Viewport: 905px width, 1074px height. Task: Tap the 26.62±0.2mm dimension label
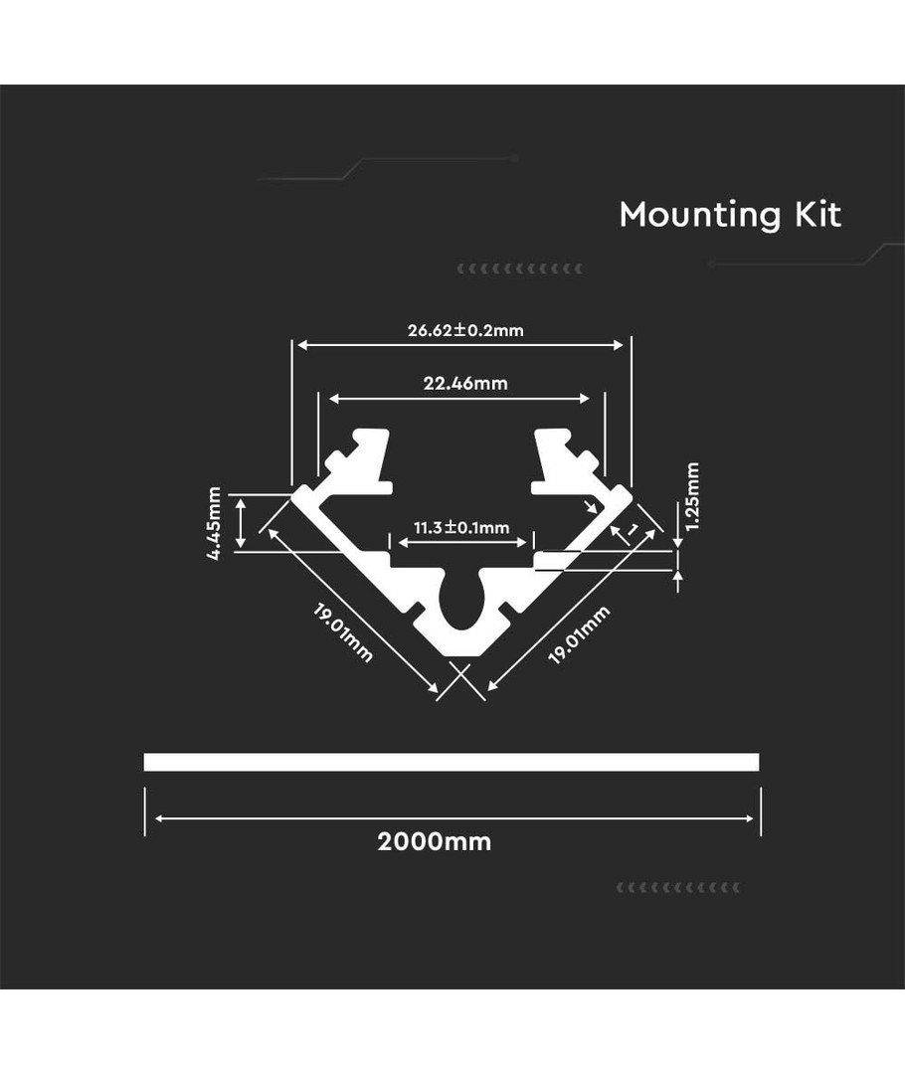tap(465, 330)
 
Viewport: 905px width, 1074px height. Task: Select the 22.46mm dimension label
tap(465, 383)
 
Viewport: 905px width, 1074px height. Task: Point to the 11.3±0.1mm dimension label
tap(461, 527)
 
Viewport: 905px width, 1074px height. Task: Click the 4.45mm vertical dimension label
tap(214, 523)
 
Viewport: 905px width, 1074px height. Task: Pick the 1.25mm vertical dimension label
tap(693, 496)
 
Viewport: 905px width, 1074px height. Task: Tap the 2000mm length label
tap(435, 841)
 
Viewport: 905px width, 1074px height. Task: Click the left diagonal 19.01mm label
tap(344, 632)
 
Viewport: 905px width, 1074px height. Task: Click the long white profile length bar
tap(452, 762)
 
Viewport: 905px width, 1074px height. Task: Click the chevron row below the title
tap(519, 268)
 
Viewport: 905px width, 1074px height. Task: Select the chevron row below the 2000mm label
tap(679, 886)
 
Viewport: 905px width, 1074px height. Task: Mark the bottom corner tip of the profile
tap(461, 657)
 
